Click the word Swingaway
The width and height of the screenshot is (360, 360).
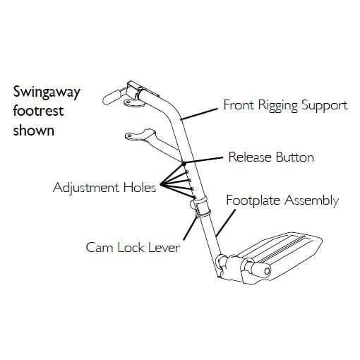click(47, 92)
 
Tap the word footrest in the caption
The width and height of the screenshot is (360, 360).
click(38, 111)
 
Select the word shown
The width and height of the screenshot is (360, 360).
click(34, 130)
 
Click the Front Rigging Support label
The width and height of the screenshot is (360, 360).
click(285, 105)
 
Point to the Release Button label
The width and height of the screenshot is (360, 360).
click(271, 157)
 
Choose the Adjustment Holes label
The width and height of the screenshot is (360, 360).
click(104, 188)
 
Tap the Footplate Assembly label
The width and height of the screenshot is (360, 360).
click(282, 200)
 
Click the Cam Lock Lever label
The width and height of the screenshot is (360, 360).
click(133, 248)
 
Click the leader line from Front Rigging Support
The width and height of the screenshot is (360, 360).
click(200, 114)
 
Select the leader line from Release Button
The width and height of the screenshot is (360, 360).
click(203, 160)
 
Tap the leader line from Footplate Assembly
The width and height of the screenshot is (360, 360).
click(226, 222)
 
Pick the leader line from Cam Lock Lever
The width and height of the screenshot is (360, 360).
click(190, 228)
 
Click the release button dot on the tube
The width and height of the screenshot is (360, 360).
click(184, 163)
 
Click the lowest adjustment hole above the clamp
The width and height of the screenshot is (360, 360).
click(194, 196)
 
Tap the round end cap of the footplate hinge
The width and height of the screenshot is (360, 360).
click(267, 271)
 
